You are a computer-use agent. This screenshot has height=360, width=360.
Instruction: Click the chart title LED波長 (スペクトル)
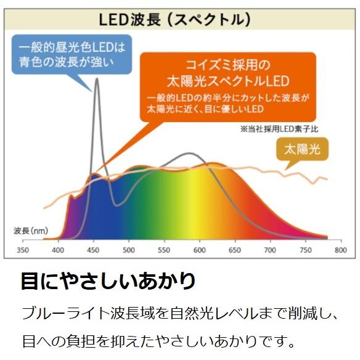(174, 19)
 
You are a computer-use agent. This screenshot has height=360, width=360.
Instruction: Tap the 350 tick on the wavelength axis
(23, 250)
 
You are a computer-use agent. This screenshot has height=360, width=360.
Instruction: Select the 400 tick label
(58, 250)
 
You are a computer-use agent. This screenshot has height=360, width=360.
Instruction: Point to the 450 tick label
(94, 250)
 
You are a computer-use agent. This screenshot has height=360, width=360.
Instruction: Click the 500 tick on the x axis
(129, 250)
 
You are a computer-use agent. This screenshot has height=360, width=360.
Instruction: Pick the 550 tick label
(164, 250)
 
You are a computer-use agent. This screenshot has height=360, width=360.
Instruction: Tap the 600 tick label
(199, 250)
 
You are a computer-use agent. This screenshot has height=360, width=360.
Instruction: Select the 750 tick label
(305, 250)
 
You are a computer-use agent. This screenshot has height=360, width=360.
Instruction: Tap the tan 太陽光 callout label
(303, 150)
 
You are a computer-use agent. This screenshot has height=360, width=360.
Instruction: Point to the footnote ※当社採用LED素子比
(279, 129)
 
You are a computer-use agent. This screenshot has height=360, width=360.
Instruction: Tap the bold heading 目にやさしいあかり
(108, 281)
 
